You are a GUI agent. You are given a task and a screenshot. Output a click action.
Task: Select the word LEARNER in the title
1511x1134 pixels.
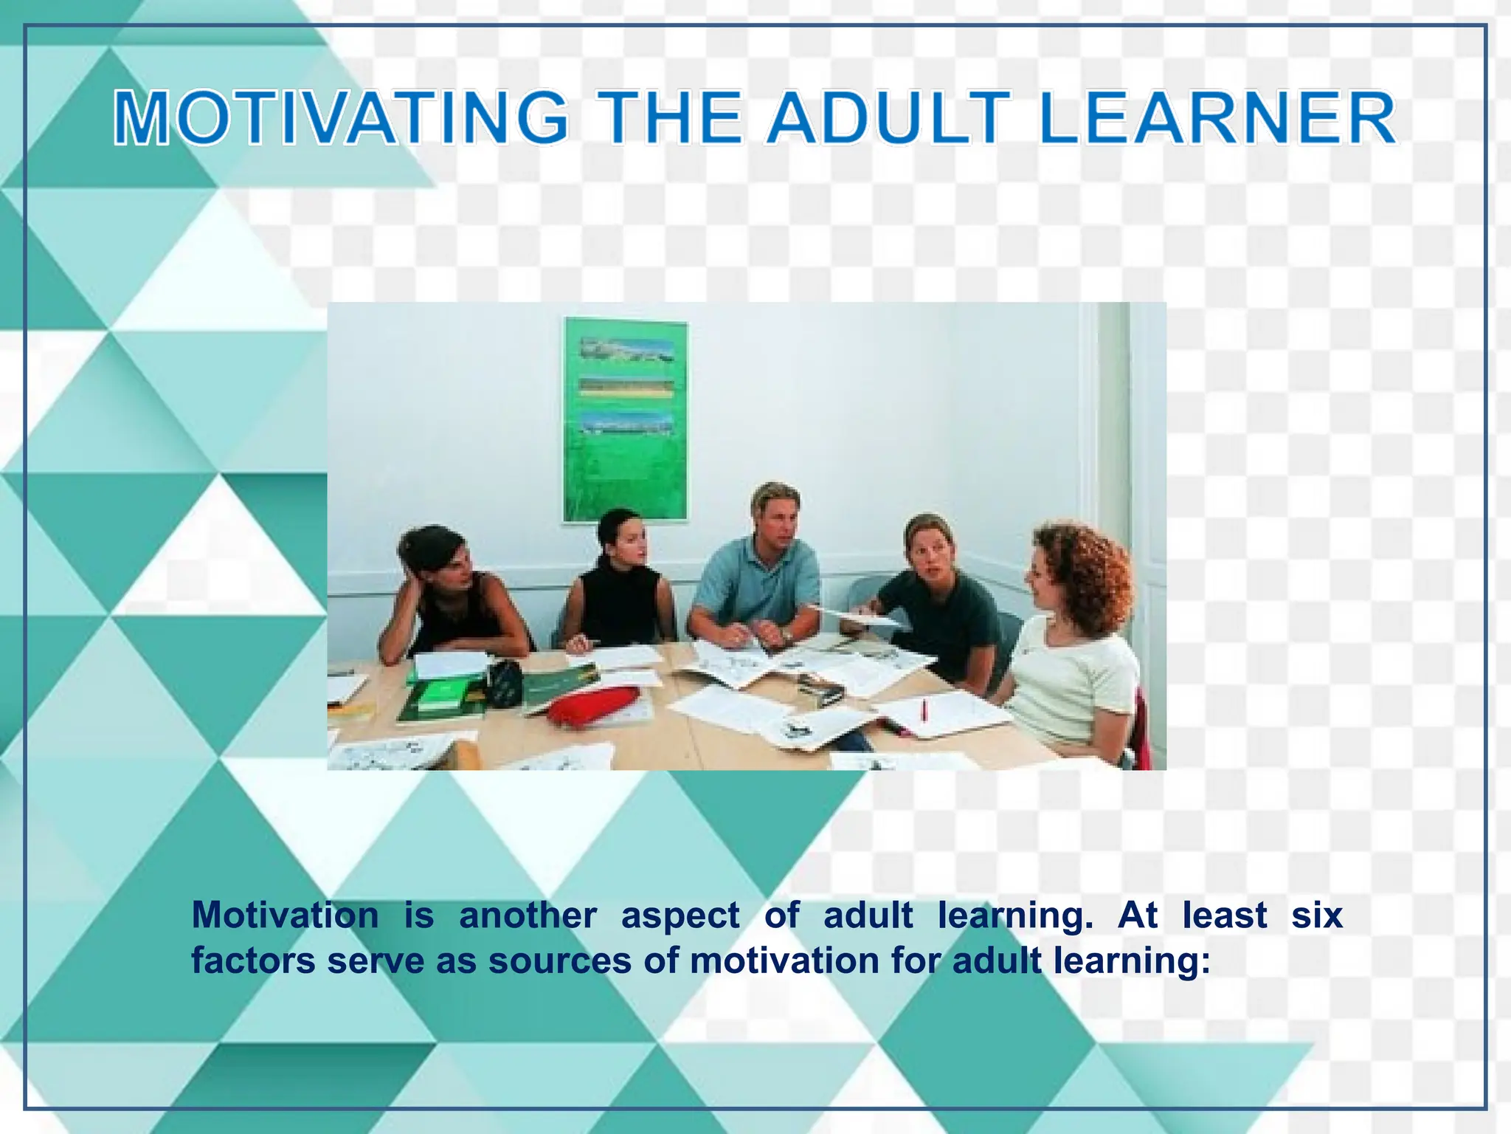[x=1217, y=118]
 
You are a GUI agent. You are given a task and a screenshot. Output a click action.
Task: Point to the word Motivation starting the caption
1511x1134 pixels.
[x=285, y=915]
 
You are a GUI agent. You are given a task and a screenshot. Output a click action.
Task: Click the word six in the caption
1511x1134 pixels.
[x=1317, y=915]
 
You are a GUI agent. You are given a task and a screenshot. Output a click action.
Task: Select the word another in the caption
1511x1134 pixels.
[x=528, y=915]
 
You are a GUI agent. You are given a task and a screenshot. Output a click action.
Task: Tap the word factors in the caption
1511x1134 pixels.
[x=253, y=961]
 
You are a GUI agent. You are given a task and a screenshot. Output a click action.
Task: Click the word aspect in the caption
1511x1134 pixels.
[x=680, y=915]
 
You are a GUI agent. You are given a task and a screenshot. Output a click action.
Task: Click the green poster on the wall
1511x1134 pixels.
[x=625, y=421]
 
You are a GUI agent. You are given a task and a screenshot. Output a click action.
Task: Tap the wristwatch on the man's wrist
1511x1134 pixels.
[x=787, y=635]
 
